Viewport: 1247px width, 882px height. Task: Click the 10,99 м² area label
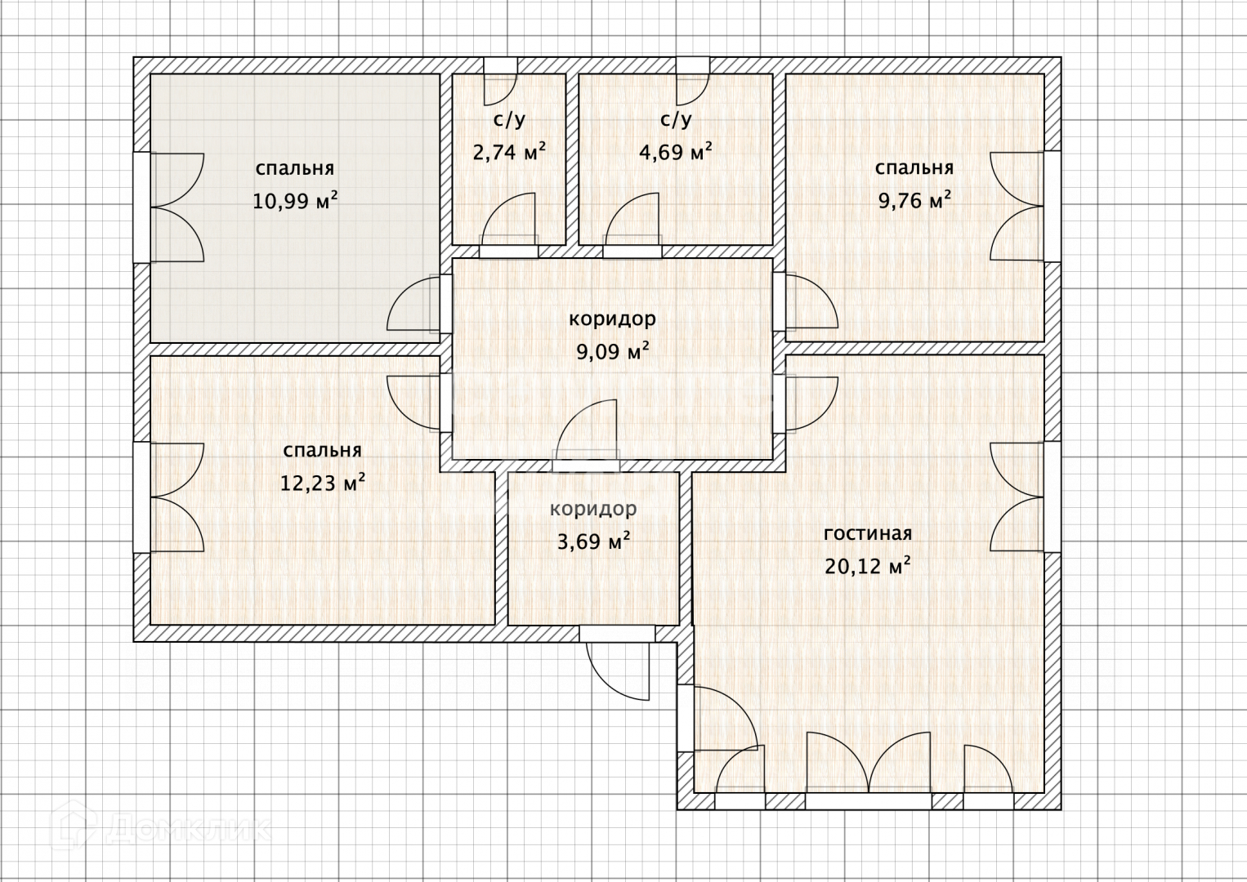295,200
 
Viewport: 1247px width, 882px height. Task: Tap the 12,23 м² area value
322,483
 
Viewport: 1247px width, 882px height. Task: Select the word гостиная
868,533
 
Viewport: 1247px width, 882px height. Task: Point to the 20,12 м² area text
868,566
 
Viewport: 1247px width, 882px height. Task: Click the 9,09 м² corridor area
612,351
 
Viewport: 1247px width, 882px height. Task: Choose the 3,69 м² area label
593,541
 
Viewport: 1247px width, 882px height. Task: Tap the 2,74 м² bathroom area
509,151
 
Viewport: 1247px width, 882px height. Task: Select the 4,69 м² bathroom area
675,151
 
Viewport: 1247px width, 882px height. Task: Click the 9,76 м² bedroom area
914,200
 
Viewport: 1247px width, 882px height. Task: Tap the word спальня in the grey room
295,168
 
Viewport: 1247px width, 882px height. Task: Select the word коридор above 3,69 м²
593,509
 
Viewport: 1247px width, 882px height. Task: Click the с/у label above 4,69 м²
676,119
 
